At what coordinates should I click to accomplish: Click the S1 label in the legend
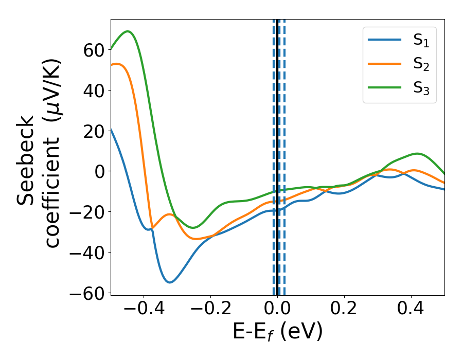pos(421,41)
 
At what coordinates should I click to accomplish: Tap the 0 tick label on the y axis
pos(99,171)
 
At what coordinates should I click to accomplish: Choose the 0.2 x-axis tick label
pos(344,311)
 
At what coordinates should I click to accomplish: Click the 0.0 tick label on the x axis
pos(277,311)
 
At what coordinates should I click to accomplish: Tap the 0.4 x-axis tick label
pos(411,311)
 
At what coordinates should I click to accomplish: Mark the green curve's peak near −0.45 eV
pos(128,31)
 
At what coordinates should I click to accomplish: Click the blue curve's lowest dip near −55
pos(169,282)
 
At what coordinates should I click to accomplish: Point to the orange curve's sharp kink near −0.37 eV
pos(152,227)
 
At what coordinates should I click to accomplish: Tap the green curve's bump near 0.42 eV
pos(417,153)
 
